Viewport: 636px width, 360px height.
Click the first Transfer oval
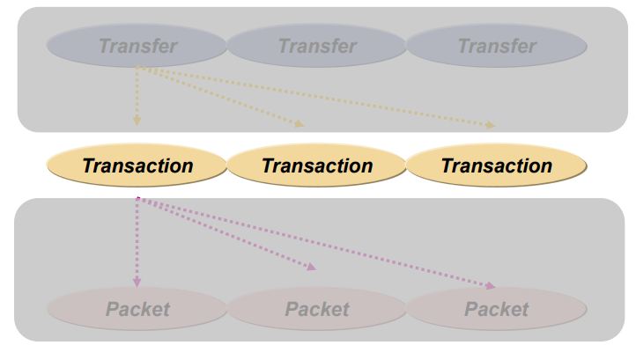point(137,46)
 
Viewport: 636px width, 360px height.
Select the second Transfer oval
point(317,46)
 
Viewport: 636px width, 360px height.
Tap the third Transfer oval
point(497,46)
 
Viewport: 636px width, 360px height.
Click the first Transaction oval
point(137,165)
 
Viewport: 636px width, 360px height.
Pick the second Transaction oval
point(317,165)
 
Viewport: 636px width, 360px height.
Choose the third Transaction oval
point(497,165)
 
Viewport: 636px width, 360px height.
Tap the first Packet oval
point(137,309)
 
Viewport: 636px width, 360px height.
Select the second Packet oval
point(317,309)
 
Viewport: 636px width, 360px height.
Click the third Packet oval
point(497,309)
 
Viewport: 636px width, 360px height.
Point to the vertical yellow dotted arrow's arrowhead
point(137,121)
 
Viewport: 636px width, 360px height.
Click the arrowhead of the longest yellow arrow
point(491,126)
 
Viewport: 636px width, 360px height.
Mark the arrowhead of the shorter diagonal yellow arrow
point(300,125)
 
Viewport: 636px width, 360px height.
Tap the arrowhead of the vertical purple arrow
point(137,282)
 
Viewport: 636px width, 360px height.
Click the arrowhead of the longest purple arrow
point(490,286)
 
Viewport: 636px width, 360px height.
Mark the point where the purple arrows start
point(137,199)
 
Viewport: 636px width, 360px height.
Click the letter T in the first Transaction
point(88,165)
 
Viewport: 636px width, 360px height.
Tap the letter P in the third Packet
point(470,309)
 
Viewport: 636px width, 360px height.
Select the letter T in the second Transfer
point(285,46)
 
